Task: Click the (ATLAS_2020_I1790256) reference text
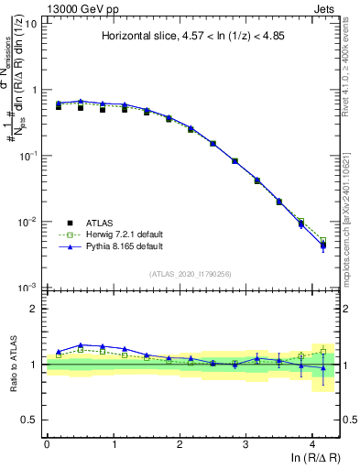(x=191, y=274)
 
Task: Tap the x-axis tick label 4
(x=312, y=443)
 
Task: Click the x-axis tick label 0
(x=47, y=443)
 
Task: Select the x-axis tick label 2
(x=180, y=443)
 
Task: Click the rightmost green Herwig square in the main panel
(x=322, y=241)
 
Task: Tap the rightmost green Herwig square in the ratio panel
(x=322, y=351)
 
